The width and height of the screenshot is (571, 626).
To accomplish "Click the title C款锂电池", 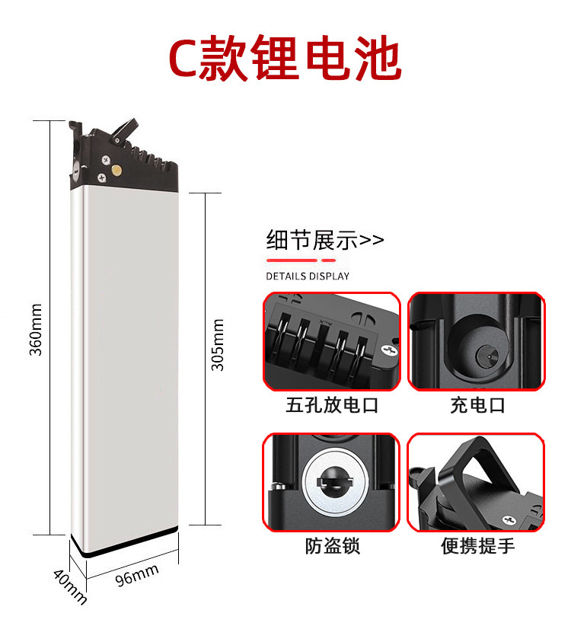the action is pos(285,60).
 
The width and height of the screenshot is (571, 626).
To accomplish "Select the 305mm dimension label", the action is pos(218,343).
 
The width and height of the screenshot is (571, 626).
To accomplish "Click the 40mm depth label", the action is pos(69,585).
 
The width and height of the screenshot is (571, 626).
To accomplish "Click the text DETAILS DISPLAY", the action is pos(308,276).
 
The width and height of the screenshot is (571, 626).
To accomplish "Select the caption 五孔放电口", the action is pos(331,404).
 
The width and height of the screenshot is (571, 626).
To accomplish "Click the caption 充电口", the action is pos(477,404).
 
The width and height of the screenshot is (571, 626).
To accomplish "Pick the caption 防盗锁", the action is pos(332,545).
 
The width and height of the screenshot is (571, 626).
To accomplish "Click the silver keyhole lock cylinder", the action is pos(332,482).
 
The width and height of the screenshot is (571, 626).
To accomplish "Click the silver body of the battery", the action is pos(126,358).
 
